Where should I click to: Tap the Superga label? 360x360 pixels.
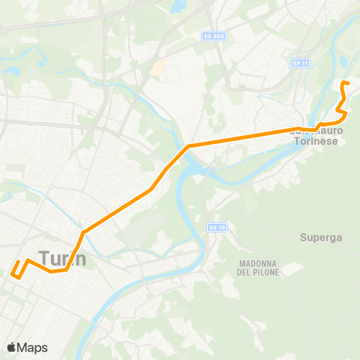[x=321, y=238]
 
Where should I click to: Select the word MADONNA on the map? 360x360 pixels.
[x=260, y=263]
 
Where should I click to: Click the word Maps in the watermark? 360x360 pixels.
[x=32, y=347]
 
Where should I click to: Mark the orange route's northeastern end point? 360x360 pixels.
[x=343, y=82]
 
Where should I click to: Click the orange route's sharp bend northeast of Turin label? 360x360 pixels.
[x=83, y=231]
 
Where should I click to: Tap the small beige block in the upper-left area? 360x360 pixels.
[x=157, y=68]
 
